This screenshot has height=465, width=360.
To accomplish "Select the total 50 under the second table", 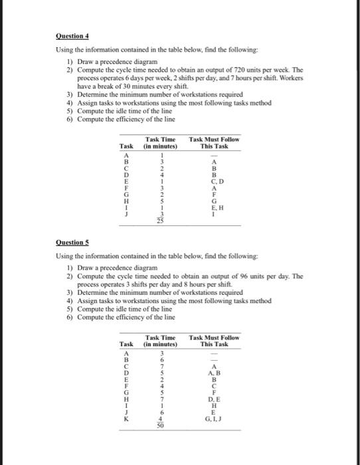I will point(159,428).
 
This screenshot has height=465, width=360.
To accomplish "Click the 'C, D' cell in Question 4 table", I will point(213,181).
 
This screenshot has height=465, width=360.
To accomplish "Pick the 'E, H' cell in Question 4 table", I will point(213,207).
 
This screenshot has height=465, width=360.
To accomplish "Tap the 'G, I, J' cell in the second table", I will point(213,420).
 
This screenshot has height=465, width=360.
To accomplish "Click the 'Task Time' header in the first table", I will point(159,139).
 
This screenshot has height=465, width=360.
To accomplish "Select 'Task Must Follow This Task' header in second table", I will point(214,341).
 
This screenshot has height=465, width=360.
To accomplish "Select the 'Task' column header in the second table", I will point(125,345).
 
